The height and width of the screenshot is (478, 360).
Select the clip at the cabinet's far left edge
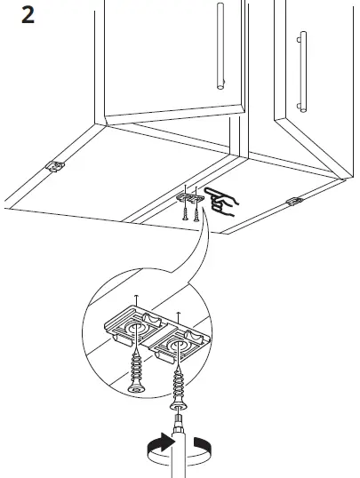click(x=55, y=165)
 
